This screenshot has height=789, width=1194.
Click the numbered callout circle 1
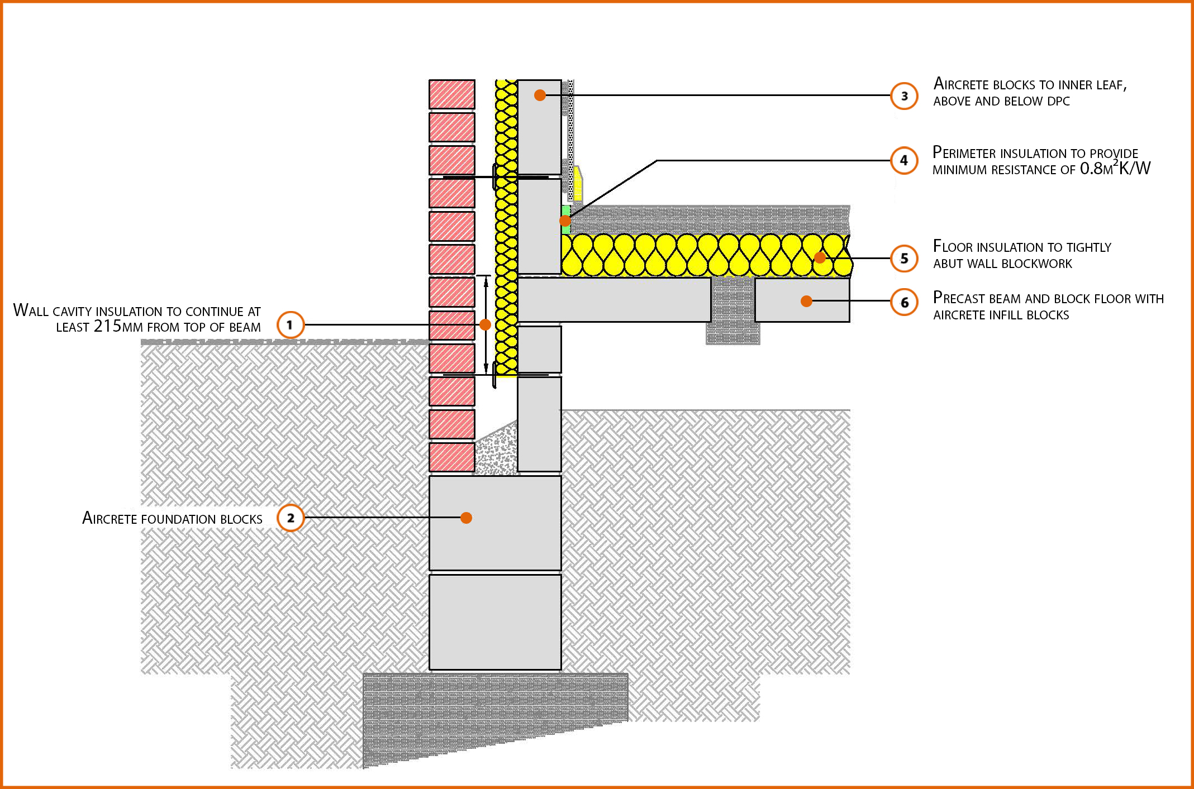290,324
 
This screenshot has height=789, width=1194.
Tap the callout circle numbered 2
291,518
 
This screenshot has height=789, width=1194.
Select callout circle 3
903,96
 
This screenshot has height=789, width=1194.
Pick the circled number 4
903,160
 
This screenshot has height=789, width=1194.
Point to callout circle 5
903,259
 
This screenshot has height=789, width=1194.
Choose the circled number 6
903,302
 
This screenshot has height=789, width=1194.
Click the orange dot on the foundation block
466,518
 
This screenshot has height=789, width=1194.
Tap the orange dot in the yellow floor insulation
820,257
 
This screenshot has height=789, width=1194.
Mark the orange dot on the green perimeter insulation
565,221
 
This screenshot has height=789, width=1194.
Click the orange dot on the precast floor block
806,301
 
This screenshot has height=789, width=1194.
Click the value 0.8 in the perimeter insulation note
1090,169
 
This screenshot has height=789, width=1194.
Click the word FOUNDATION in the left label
178,519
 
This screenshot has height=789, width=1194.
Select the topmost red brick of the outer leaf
451,94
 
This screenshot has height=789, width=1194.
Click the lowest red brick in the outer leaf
451,457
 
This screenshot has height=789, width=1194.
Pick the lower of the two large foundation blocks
495,622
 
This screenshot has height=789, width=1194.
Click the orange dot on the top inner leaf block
539,95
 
